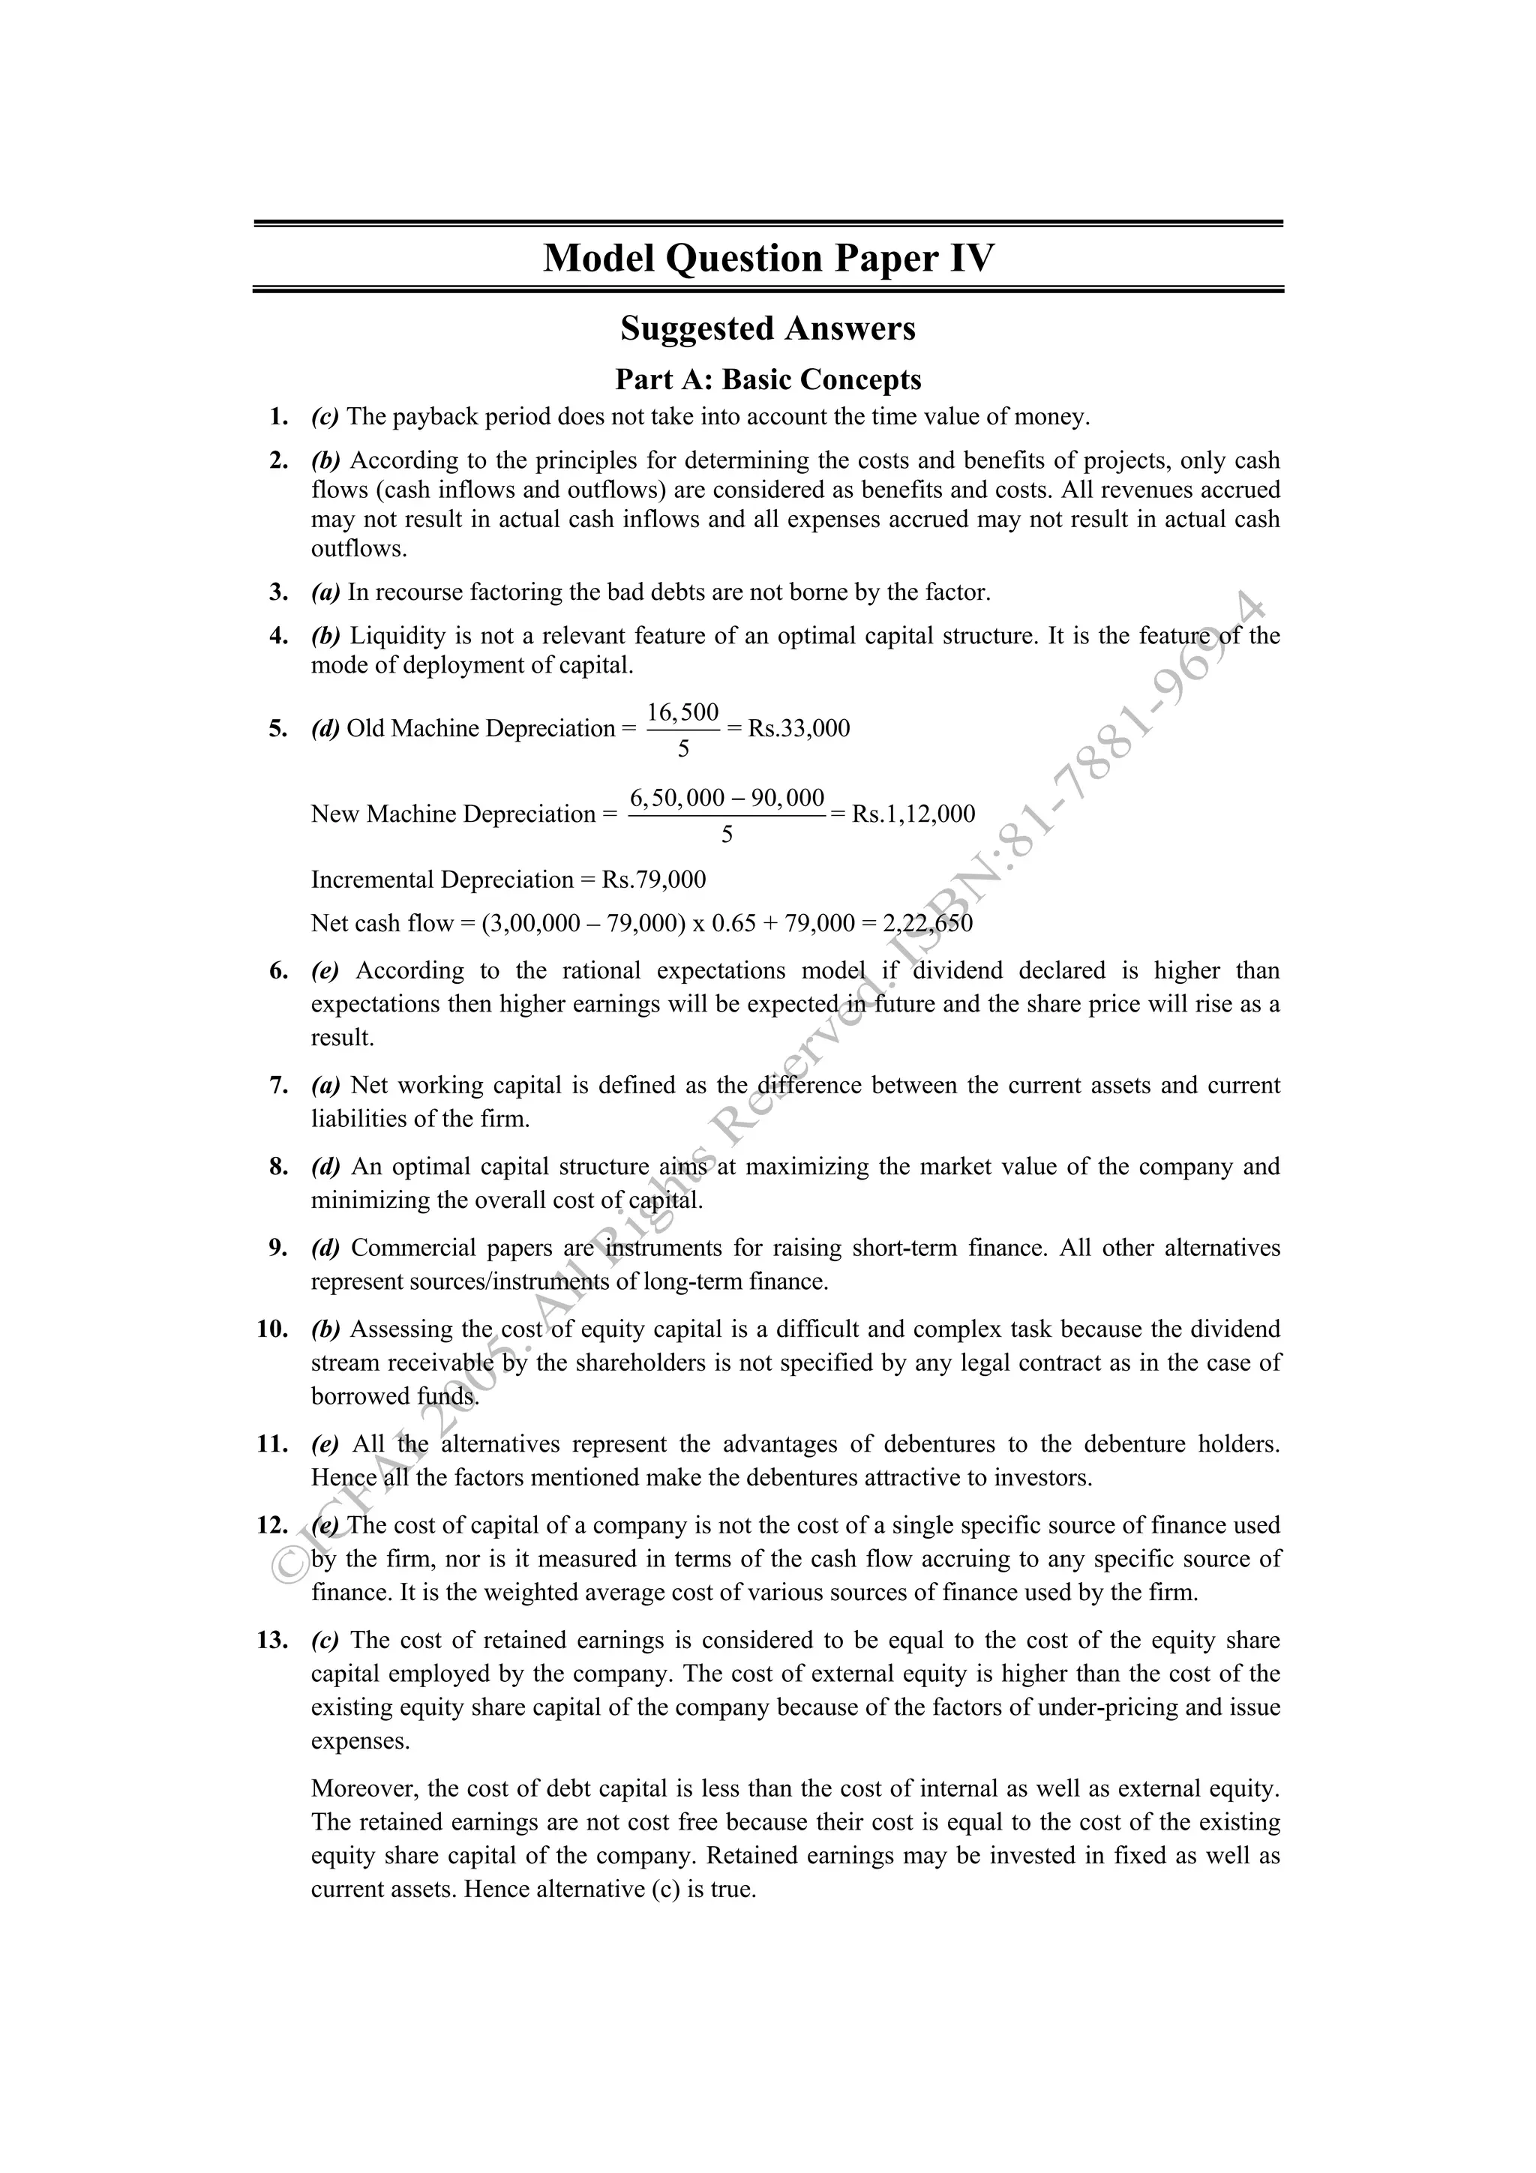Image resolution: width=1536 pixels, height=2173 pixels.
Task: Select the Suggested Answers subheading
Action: pyautogui.click(x=767, y=328)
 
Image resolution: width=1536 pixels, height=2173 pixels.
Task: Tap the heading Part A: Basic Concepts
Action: pyautogui.click(x=767, y=379)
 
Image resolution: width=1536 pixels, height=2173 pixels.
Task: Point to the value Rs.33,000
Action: pyautogui.click(x=799, y=728)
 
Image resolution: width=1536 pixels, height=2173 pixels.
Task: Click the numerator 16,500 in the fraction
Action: pyautogui.click(x=682, y=712)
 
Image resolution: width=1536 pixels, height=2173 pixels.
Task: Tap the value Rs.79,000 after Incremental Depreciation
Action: pyautogui.click(x=654, y=880)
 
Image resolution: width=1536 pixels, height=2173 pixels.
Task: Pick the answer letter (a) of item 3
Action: pyautogui.click(x=325, y=592)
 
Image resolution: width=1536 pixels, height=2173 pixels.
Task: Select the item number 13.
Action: pyautogui.click(x=272, y=1640)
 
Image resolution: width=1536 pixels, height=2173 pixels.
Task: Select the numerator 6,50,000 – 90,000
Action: pyautogui.click(x=727, y=797)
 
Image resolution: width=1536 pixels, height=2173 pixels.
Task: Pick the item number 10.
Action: pyautogui.click(x=272, y=1329)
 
